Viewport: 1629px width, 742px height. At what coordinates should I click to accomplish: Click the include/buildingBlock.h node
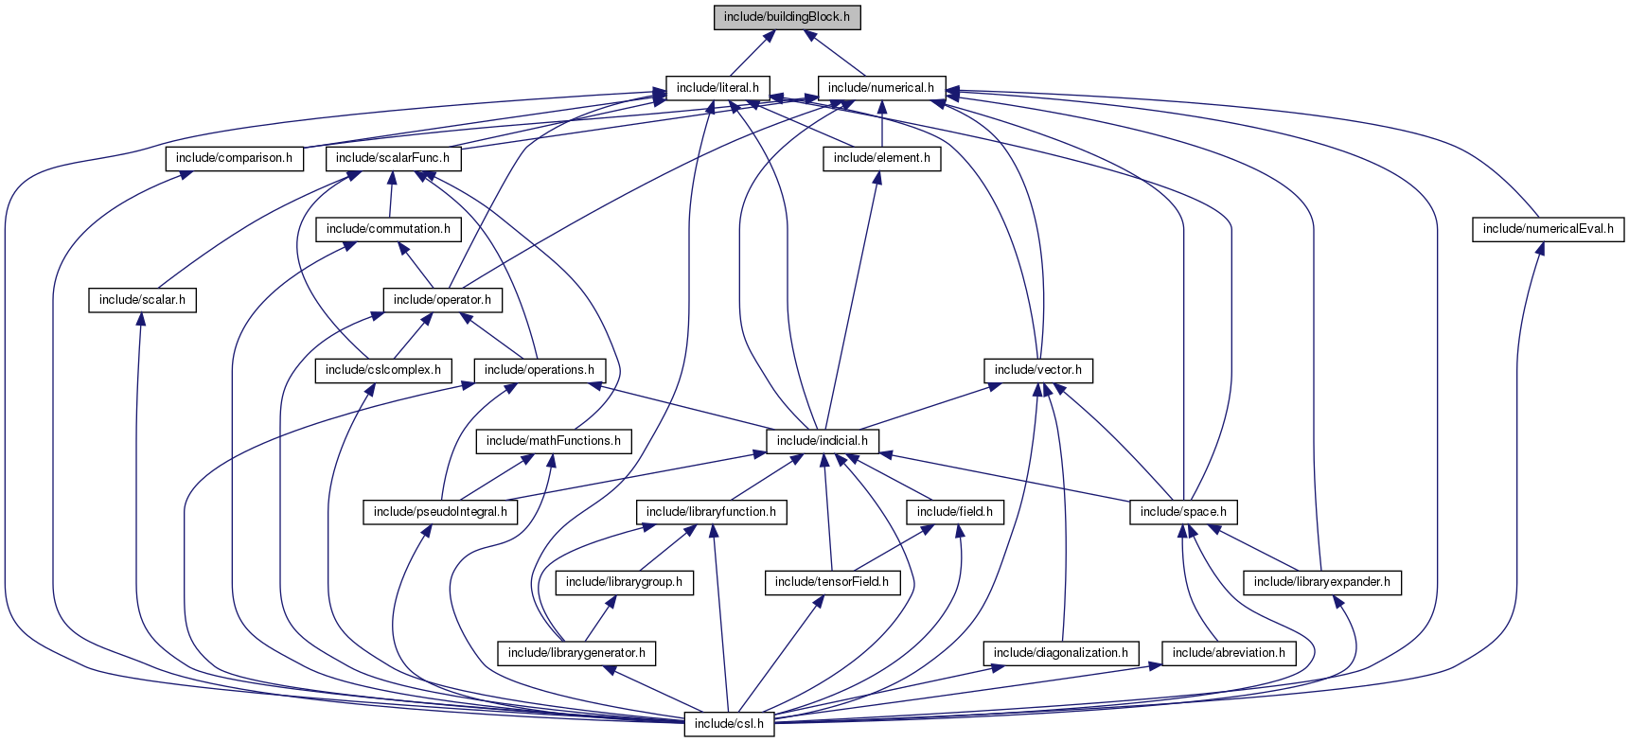point(787,17)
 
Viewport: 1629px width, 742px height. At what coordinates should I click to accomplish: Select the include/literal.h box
point(717,88)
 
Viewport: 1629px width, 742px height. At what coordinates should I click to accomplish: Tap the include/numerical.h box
point(880,88)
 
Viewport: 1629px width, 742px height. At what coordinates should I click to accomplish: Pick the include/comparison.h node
point(235,158)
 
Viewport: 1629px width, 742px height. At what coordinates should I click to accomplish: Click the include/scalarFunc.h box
point(393,158)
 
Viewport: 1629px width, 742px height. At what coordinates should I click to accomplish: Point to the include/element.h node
point(881,158)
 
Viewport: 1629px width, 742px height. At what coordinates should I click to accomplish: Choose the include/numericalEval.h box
point(1548,229)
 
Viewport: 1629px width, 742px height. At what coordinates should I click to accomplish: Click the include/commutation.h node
point(388,229)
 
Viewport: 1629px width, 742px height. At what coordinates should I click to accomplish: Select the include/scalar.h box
point(142,300)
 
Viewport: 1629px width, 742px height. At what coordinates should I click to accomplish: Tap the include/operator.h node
point(442,300)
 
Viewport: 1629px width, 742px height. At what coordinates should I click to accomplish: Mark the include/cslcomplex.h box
point(382,370)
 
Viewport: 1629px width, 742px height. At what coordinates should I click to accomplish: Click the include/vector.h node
point(1038,370)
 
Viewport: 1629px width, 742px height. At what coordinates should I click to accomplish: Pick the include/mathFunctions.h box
point(554,441)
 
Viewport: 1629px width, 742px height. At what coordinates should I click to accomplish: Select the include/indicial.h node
point(823,441)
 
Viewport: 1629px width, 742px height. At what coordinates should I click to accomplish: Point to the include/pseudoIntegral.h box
point(440,512)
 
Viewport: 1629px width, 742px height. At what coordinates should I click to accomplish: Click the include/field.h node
point(955,512)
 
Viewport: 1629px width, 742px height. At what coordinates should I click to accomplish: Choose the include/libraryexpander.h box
point(1321,582)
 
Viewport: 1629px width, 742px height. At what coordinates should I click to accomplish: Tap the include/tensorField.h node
point(831,582)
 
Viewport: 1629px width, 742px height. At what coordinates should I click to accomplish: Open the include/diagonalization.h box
point(1060,653)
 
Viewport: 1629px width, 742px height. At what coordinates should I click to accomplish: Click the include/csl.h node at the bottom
point(729,724)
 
